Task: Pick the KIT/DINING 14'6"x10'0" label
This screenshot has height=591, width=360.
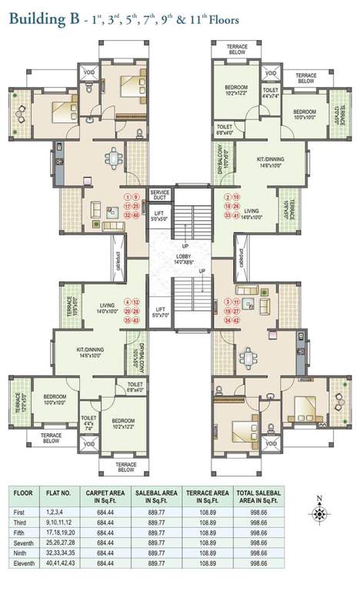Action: pos(89,352)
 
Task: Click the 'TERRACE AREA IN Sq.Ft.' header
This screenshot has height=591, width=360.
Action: pos(208,493)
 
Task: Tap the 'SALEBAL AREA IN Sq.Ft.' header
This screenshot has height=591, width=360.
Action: pos(158,493)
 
